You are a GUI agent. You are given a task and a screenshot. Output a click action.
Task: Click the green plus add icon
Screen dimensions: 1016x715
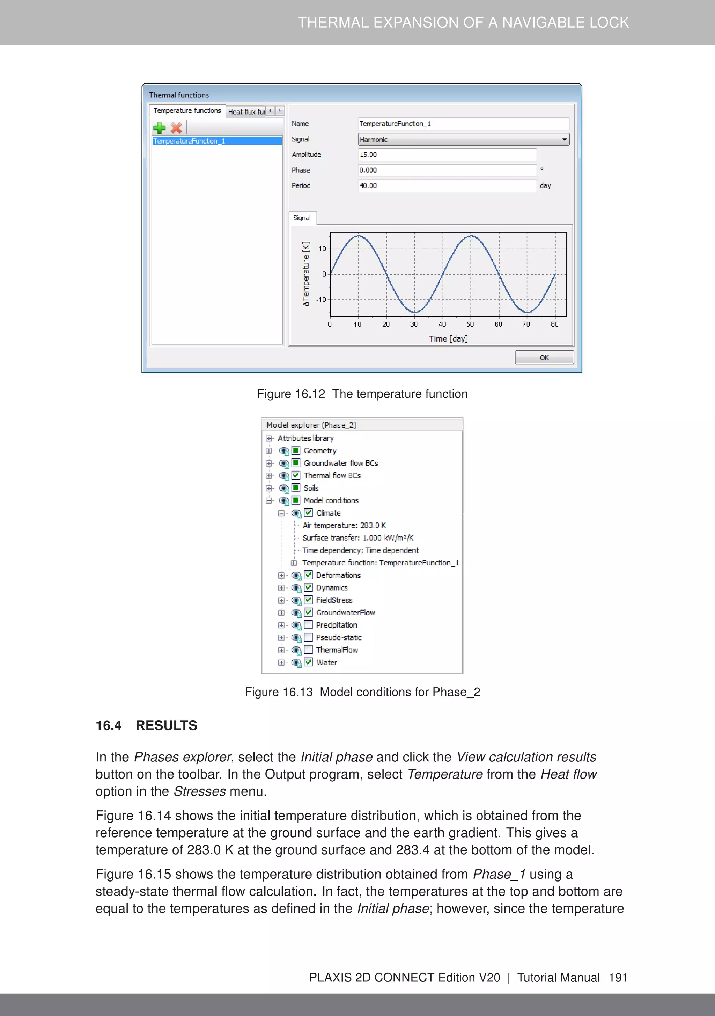coord(159,128)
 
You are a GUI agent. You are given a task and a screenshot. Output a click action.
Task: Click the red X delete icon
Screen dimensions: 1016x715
coord(176,128)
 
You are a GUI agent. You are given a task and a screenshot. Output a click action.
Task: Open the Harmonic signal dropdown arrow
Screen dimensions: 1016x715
coord(564,139)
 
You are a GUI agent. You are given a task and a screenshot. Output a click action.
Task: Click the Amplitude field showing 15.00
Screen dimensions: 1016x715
coord(447,154)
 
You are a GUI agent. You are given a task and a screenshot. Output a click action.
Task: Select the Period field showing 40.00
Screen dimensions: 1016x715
coord(447,185)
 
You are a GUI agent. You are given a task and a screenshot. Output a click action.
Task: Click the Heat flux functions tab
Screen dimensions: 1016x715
coord(246,111)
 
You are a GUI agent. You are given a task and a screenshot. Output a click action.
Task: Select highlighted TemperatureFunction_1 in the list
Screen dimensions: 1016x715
coord(216,141)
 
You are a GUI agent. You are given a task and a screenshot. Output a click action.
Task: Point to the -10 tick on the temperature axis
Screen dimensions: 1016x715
coord(321,300)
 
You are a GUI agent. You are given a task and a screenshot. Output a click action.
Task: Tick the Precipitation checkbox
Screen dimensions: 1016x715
coord(308,625)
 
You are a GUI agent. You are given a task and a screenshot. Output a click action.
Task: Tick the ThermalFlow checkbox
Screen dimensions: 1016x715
coord(308,650)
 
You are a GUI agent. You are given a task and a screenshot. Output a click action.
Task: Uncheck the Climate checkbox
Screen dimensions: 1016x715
coord(308,513)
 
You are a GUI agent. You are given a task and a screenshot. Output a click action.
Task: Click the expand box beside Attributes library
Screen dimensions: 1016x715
coord(268,438)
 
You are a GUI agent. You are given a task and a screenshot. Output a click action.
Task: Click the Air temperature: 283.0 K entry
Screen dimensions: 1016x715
coord(344,525)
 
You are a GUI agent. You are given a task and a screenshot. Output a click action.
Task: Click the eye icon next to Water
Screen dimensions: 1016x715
coord(296,663)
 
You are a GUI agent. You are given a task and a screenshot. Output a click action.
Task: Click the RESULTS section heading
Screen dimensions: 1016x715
coord(167,725)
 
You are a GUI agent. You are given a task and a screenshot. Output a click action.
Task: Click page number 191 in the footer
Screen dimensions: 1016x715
coord(618,978)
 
